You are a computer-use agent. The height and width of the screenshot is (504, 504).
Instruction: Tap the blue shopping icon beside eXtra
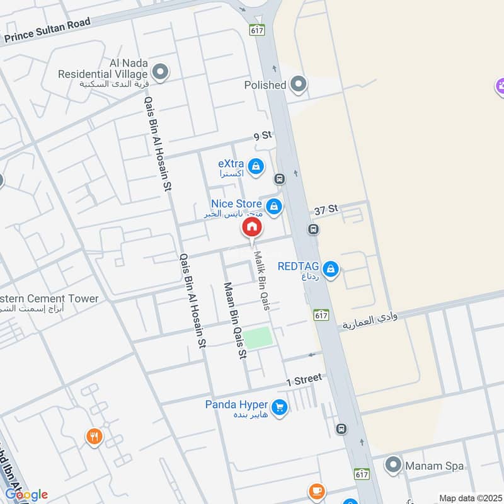pos(256,166)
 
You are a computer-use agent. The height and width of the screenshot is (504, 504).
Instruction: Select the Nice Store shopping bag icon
pos(273,206)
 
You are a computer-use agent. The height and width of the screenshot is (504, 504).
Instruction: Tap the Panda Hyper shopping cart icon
pos(280,408)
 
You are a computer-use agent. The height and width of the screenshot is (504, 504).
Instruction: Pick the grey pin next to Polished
pos(299,84)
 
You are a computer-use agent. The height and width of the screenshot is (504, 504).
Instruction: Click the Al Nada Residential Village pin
pos(161,72)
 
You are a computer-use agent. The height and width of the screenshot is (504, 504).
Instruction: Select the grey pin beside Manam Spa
pos(393,466)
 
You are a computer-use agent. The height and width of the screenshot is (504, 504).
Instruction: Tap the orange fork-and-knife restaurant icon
pos(94,436)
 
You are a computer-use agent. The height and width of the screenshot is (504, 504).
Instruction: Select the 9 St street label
pos(262,135)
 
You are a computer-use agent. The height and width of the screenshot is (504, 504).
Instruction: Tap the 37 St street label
pos(327,209)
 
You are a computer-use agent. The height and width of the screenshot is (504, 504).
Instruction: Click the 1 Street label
pos(304,379)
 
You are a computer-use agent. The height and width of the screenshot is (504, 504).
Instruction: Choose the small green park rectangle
pos(259,338)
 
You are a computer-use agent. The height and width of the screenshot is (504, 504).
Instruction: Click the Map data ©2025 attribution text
pos(469,498)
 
